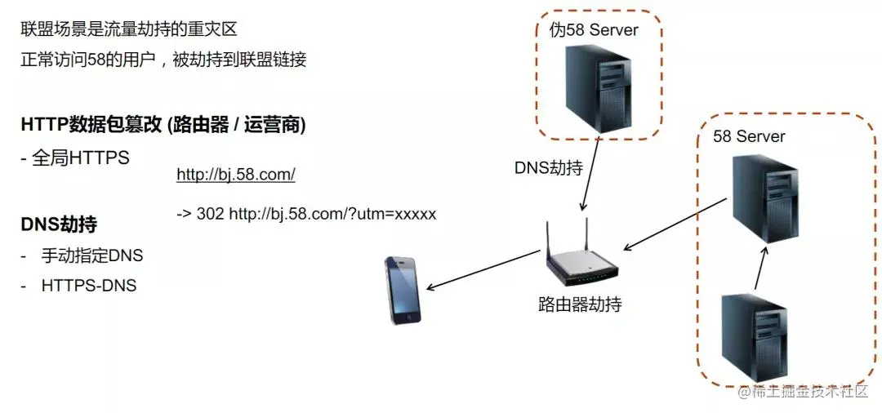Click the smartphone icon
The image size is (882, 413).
(x=403, y=291)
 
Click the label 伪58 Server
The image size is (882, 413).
(x=594, y=30)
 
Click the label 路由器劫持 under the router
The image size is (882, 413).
(x=580, y=304)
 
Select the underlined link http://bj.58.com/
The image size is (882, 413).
(x=235, y=175)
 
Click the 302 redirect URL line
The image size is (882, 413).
(x=306, y=214)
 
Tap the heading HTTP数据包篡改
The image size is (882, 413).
(x=163, y=125)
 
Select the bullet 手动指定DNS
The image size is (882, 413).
(x=91, y=255)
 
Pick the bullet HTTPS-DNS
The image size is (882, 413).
(x=88, y=286)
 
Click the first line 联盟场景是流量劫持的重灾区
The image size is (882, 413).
(x=128, y=29)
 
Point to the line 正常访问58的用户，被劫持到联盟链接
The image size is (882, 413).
(x=163, y=60)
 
